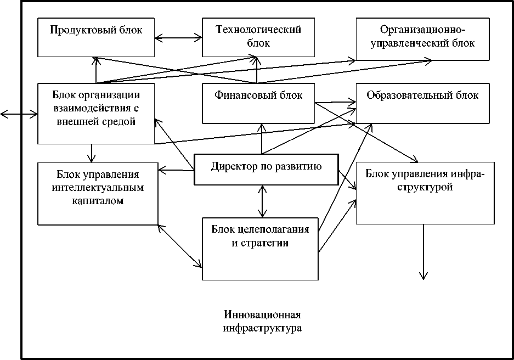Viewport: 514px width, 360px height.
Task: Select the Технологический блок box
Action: (x=258, y=37)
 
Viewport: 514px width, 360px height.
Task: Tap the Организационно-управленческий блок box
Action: (x=422, y=38)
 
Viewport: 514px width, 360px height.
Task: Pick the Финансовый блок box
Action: (x=258, y=103)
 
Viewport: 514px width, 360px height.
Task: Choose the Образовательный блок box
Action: (x=422, y=103)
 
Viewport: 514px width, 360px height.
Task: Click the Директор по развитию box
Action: (x=266, y=168)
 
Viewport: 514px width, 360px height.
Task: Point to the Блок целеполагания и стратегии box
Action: (x=260, y=249)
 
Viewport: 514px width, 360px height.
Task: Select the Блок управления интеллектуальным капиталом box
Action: (x=98, y=193)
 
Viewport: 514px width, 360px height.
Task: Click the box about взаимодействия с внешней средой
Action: (x=96, y=113)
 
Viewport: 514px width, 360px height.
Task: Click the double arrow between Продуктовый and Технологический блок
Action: (x=178, y=38)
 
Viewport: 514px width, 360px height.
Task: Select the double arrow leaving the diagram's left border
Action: (x=19, y=114)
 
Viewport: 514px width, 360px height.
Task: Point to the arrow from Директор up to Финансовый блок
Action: (x=262, y=138)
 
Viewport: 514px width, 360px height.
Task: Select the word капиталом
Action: (x=96, y=201)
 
